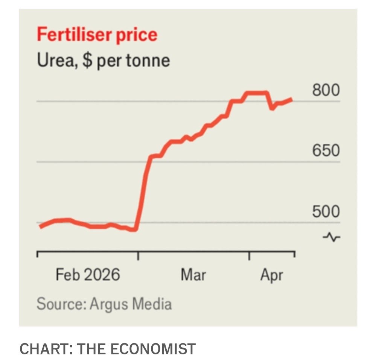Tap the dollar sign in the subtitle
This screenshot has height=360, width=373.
87,60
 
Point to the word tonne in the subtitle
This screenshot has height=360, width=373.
148,60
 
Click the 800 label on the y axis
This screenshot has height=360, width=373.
326,90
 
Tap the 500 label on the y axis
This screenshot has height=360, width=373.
326,211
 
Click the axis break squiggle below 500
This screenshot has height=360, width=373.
331,237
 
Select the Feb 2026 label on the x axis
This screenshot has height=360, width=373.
88,275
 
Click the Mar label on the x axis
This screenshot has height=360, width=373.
193,275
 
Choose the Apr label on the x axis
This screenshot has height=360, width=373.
271,275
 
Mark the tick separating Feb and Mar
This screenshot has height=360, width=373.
138,255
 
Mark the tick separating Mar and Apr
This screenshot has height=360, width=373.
249,255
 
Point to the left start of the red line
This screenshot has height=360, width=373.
41,226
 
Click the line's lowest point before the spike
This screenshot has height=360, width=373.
134,229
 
